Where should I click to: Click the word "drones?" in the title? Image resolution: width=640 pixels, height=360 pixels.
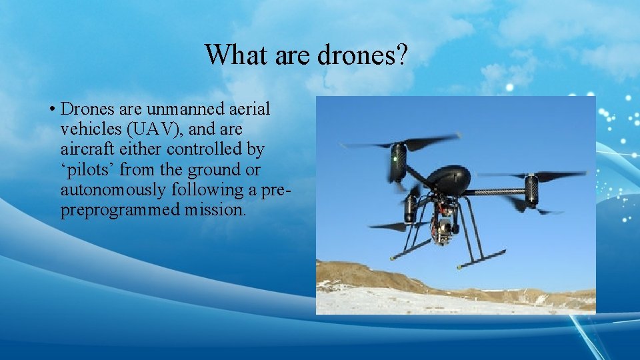[x=363, y=55]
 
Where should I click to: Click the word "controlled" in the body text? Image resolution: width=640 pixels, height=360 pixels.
[x=196, y=148]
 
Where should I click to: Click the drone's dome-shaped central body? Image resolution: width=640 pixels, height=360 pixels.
[x=448, y=179]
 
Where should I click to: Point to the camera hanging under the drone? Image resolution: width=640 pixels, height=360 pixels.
[x=441, y=230]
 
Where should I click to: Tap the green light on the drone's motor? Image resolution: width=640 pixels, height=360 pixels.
[x=395, y=160]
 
